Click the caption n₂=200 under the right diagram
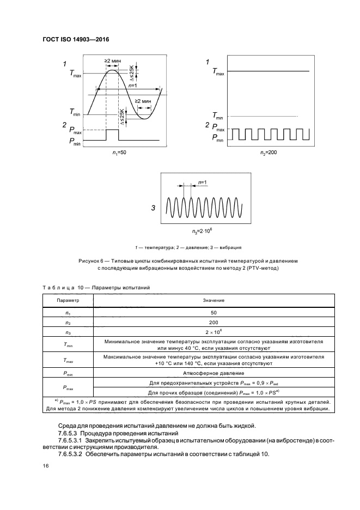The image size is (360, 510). point(268,153)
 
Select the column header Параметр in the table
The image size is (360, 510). point(69,300)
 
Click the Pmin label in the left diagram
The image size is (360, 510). point(76,141)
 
